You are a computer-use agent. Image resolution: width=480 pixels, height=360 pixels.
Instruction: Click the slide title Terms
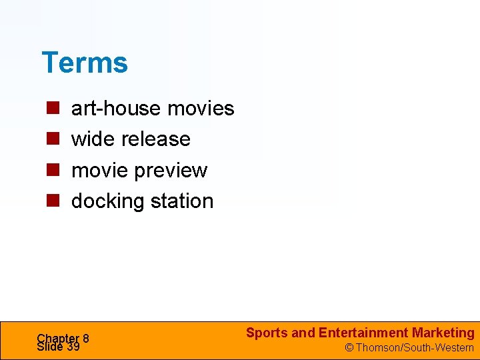pyautogui.click(x=85, y=63)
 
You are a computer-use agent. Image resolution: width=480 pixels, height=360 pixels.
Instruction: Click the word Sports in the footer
pyautogui.click(x=267, y=333)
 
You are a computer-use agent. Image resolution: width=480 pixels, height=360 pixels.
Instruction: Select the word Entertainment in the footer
pyautogui.click(x=363, y=333)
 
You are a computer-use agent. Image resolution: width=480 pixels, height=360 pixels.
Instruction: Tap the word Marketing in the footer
pyautogui.click(x=443, y=333)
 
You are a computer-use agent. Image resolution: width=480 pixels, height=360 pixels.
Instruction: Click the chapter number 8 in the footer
pyautogui.click(x=86, y=338)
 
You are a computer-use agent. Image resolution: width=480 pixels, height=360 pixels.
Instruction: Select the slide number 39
pyautogui.click(x=73, y=347)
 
